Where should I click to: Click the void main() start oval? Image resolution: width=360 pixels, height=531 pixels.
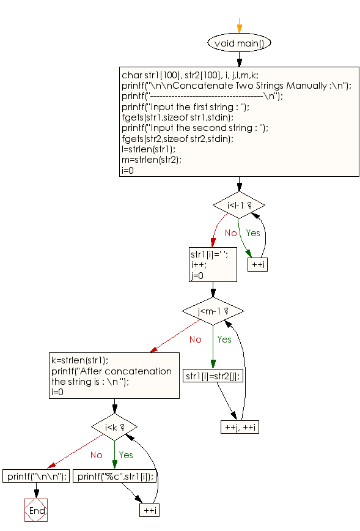[239, 43]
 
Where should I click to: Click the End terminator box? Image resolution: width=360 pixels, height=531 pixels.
[35, 510]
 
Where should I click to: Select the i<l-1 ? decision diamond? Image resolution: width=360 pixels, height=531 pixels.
[238, 205]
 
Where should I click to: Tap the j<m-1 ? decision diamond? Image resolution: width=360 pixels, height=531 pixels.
[213, 311]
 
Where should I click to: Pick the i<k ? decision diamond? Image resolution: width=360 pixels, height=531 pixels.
[114, 426]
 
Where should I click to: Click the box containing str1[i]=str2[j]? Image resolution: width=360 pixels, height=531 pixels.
[213, 376]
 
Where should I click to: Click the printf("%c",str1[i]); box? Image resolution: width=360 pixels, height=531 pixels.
[115, 476]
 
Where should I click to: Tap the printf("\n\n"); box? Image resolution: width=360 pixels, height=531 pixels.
[35, 476]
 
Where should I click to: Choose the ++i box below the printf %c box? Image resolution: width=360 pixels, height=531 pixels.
[149, 510]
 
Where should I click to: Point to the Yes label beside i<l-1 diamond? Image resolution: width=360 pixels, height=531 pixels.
[252, 232]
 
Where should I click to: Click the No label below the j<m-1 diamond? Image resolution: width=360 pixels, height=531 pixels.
[195, 340]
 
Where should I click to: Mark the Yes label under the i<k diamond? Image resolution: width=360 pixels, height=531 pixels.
[125, 455]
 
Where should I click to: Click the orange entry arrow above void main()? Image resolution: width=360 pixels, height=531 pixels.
[239, 28]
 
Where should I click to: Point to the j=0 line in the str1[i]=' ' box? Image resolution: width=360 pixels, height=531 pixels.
[197, 275]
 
